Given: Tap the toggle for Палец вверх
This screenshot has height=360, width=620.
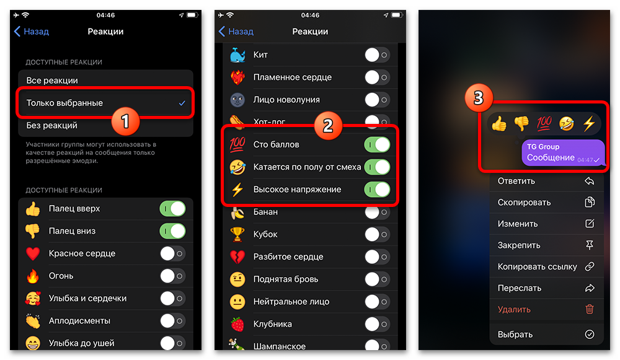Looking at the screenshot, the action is tap(172, 209).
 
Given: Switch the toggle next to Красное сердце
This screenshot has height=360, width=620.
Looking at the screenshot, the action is tap(172, 253).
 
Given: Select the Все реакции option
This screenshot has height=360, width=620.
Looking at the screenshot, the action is tap(52, 81).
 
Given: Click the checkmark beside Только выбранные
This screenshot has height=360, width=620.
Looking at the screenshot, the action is tap(182, 103).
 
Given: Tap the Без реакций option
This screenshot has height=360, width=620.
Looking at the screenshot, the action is tap(52, 126).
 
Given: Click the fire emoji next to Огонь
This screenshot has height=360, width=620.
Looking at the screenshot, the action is tap(33, 276).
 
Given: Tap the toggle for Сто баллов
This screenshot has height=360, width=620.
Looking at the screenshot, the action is tap(377, 144).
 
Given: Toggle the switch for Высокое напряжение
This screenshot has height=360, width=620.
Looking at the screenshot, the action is tap(377, 190).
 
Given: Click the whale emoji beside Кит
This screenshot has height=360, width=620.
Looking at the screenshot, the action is tap(237, 55).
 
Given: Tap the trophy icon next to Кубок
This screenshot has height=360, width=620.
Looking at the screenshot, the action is tap(237, 234).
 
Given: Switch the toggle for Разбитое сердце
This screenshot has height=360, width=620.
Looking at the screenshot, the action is tap(377, 257).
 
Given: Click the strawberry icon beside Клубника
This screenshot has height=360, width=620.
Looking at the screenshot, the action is tap(237, 324).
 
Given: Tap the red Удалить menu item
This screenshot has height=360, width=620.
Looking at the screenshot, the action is tap(514, 309).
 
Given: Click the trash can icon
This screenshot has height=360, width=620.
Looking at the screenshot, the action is tap(590, 309).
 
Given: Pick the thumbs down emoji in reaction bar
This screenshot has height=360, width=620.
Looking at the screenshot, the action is tap(521, 124).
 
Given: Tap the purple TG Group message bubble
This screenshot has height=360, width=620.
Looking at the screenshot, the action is tap(563, 152).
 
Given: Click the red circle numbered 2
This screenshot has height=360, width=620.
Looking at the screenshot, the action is tap(328, 126).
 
